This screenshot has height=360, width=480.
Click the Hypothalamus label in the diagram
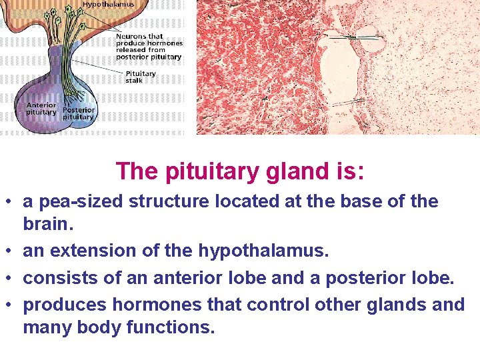109,4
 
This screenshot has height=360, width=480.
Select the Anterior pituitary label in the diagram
41,109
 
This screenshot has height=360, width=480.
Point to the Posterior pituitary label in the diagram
79,113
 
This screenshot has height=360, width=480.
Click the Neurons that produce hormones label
149,47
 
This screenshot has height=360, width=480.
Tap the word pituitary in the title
203,171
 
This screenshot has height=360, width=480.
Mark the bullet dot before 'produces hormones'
11,305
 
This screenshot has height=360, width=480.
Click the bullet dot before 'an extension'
11,251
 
